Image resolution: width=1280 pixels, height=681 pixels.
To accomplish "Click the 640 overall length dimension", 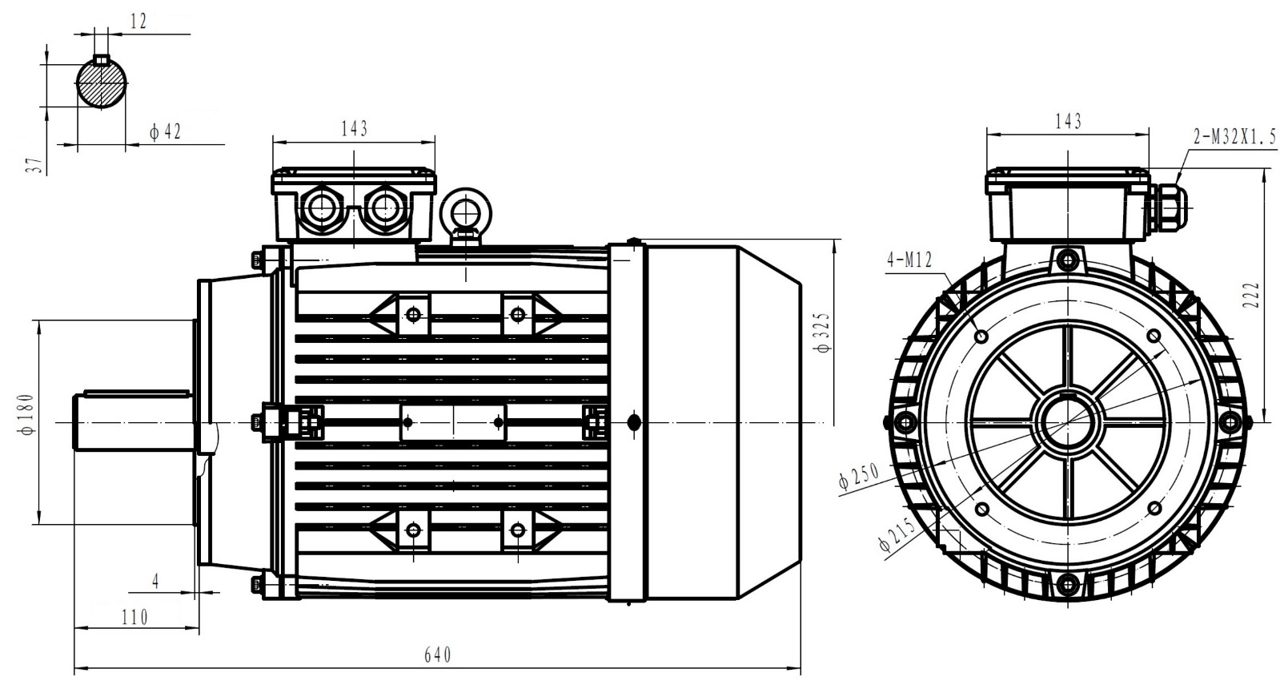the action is (438, 655).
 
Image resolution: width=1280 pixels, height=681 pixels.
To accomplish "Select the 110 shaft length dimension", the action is (134, 618).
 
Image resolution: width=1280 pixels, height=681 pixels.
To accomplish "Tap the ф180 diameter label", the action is (27, 414).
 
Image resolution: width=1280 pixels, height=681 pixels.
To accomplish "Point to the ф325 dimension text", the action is (824, 332).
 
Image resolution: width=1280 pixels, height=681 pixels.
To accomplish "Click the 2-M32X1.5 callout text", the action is (1235, 137).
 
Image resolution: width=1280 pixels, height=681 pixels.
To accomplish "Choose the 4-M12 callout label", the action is (909, 260).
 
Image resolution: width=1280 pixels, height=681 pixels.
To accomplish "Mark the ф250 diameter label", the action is (859, 477).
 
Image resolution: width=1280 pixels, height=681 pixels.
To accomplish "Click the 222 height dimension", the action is (1252, 295).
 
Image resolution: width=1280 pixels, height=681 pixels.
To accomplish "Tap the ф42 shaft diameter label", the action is (166, 132).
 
